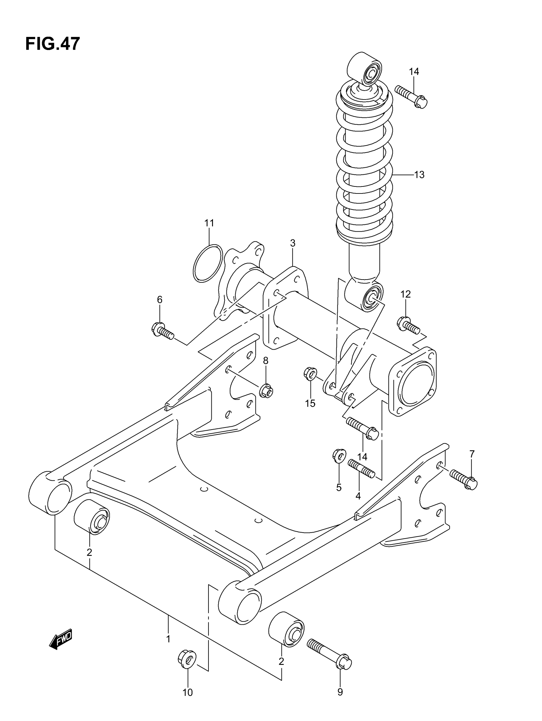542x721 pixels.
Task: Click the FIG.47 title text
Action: [52, 44]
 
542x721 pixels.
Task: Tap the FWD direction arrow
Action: [61, 639]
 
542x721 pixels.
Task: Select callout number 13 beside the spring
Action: [419, 175]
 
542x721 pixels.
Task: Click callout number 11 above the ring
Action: [209, 223]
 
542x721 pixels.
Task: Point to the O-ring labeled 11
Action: [208, 263]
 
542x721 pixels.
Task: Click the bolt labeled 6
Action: [163, 330]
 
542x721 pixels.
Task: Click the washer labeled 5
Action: [339, 455]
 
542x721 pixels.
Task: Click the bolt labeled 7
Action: [463, 478]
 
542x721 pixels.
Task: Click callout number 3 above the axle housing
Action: [293, 243]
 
